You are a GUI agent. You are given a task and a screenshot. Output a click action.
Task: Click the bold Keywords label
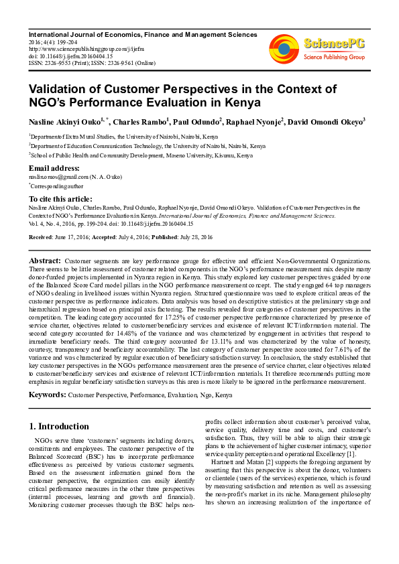47,395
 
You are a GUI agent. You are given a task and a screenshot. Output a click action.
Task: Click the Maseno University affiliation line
141,155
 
